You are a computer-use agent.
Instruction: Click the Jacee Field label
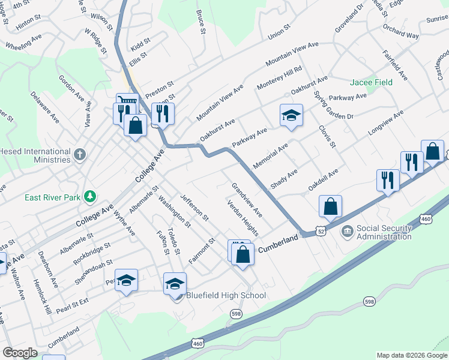(x=371, y=82)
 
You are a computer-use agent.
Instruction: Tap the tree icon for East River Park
(x=90, y=196)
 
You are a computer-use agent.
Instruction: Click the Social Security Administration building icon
(x=347, y=232)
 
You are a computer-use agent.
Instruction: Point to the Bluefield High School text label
(x=226, y=295)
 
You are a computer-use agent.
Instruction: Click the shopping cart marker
(x=127, y=103)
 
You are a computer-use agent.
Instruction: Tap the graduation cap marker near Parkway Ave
(x=291, y=115)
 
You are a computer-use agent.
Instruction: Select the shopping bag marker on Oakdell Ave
(x=330, y=207)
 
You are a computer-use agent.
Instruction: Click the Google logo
(x=19, y=353)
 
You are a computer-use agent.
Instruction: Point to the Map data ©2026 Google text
(x=411, y=355)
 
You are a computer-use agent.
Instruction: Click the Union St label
(x=279, y=32)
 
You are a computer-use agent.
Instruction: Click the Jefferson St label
(x=194, y=207)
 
